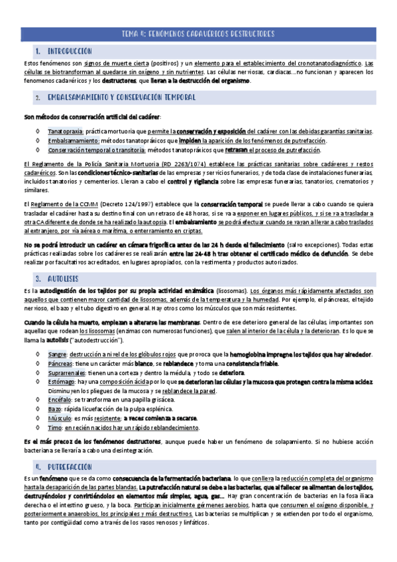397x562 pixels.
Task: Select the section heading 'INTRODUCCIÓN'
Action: pos(70,51)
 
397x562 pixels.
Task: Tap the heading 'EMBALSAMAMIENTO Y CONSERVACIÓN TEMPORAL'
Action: pos(121,97)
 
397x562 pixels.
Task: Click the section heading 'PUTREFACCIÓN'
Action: pos(71,466)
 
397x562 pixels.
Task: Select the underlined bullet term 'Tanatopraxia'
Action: pos(65,131)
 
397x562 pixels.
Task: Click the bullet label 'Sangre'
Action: pos(57,355)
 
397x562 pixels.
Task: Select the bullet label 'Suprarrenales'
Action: pos(66,373)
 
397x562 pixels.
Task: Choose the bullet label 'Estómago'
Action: pos(62,382)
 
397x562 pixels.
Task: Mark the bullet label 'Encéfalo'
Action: pos(60,401)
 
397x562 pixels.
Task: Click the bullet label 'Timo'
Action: pos(55,429)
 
